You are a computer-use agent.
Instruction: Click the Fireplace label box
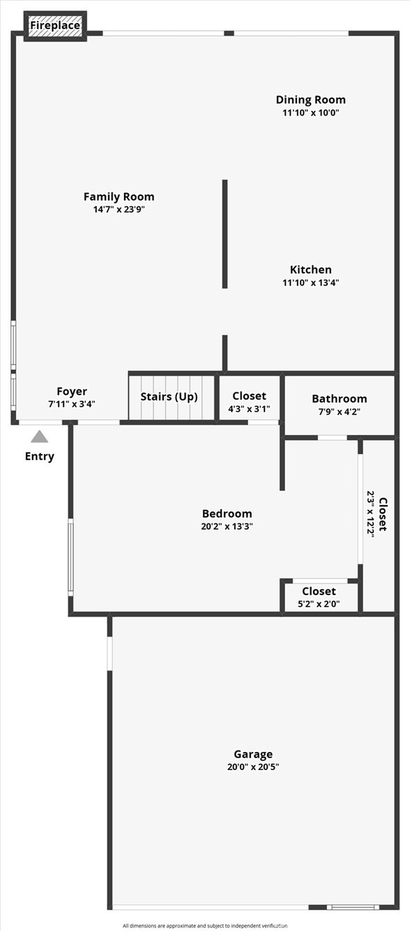(x=55, y=26)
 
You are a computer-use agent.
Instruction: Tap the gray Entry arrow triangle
(x=40, y=437)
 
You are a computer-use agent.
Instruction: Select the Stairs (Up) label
(x=169, y=397)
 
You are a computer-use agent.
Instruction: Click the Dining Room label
(x=310, y=100)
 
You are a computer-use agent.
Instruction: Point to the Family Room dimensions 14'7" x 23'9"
(x=119, y=209)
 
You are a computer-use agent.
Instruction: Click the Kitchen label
(x=311, y=270)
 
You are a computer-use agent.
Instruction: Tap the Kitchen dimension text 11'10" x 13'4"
(x=311, y=282)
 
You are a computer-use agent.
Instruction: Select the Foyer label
(x=72, y=392)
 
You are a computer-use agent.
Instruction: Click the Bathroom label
(x=339, y=399)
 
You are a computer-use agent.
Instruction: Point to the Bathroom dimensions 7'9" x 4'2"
(x=339, y=411)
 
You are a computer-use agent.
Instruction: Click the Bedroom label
(x=227, y=514)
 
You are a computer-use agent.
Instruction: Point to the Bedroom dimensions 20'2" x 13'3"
(x=227, y=527)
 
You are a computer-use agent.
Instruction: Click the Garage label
(x=252, y=754)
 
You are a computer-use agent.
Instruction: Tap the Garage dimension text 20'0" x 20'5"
(x=252, y=767)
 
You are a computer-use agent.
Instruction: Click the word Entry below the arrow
(x=40, y=456)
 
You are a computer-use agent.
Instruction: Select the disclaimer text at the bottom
(x=204, y=925)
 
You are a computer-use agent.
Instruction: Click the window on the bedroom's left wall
(x=70, y=556)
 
